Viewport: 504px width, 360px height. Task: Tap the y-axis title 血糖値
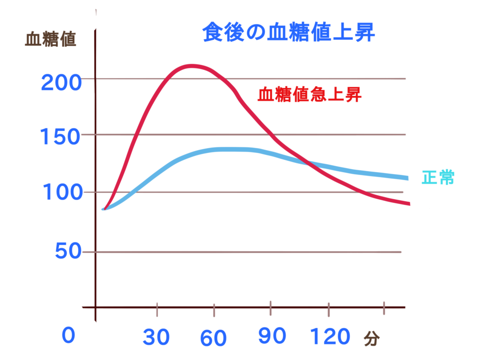pos(51,39)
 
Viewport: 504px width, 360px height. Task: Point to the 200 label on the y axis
pos(62,83)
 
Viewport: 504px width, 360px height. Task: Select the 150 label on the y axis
pos(60,137)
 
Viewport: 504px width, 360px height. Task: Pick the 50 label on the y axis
pos(68,251)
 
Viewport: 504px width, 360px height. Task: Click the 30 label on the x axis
pos(157,337)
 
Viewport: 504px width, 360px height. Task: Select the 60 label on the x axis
pos(213,338)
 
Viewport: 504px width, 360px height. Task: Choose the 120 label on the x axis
pos(330,337)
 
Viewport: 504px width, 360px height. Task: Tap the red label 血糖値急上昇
pos(310,95)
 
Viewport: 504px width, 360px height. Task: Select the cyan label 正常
pos(438,178)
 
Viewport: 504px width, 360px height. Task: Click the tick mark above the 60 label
pos(214,310)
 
